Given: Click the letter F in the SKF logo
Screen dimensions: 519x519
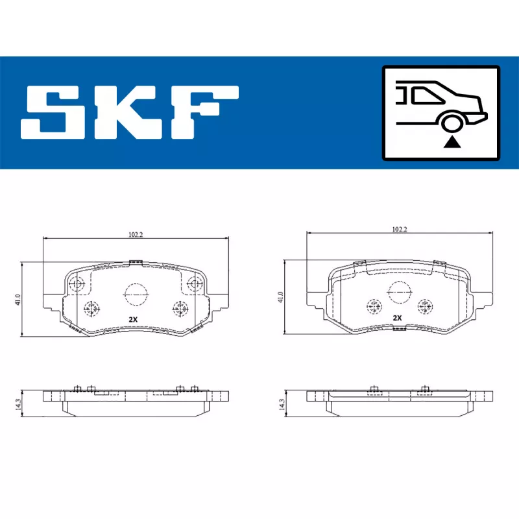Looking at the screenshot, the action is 204,112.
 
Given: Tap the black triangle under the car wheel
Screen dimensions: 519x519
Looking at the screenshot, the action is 452,142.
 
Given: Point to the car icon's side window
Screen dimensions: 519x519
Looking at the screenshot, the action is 428,95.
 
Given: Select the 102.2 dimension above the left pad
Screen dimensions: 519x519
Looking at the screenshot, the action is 136,235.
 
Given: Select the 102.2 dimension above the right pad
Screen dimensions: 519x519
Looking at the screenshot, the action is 400,230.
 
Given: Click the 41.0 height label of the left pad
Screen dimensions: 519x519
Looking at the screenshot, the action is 18,300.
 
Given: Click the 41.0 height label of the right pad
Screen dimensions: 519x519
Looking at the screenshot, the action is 281,297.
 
